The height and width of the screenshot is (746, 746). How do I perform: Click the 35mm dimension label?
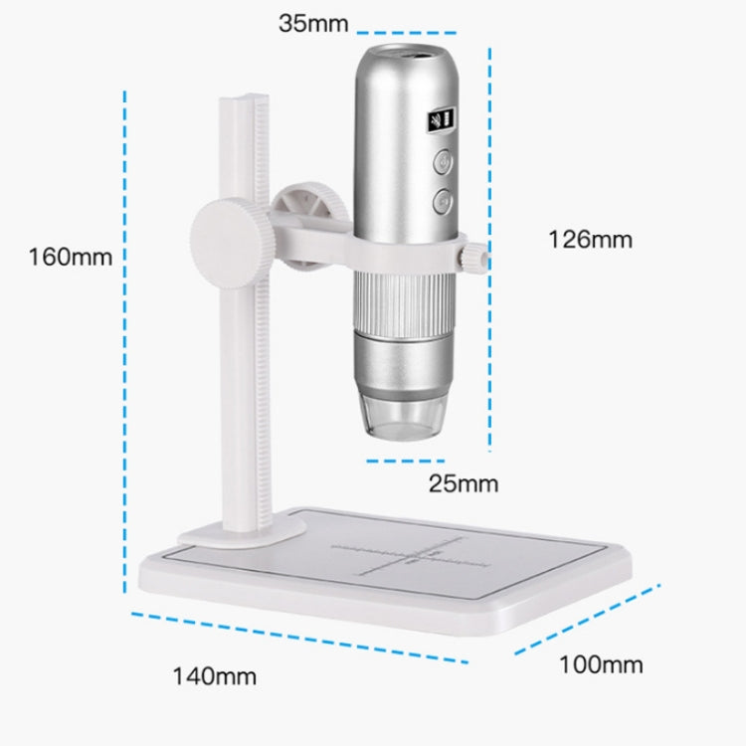[x=313, y=23]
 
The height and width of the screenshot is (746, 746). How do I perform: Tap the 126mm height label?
[x=590, y=239]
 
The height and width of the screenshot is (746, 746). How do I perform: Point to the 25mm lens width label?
[x=463, y=484]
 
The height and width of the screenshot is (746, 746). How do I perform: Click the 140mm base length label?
[x=215, y=676]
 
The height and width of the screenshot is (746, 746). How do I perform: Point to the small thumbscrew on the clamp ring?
[x=475, y=257]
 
